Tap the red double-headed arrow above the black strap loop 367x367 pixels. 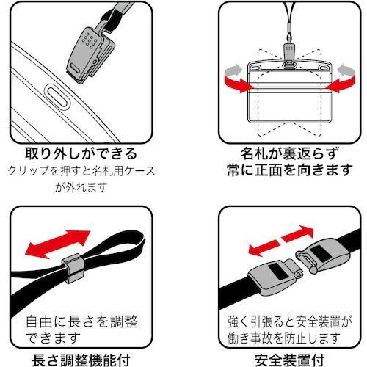(x=56, y=241)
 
